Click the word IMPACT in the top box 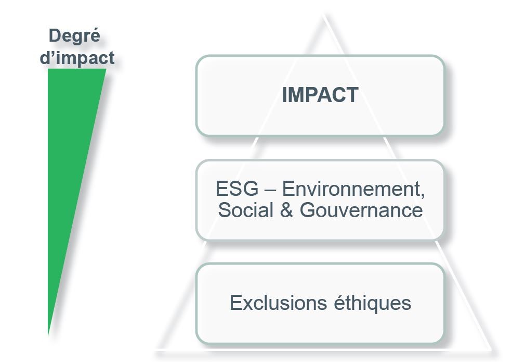(x=320, y=95)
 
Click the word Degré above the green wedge (x=74, y=35)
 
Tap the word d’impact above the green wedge (x=77, y=58)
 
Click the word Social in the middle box (x=245, y=210)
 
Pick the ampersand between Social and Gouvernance (x=286, y=210)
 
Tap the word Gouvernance (x=361, y=210)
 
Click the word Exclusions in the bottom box (x=278, y=303)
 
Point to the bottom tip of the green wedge (x=48, y=335)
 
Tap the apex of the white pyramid (x=324, y=15)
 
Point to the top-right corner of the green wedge (x=106, y=69)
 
